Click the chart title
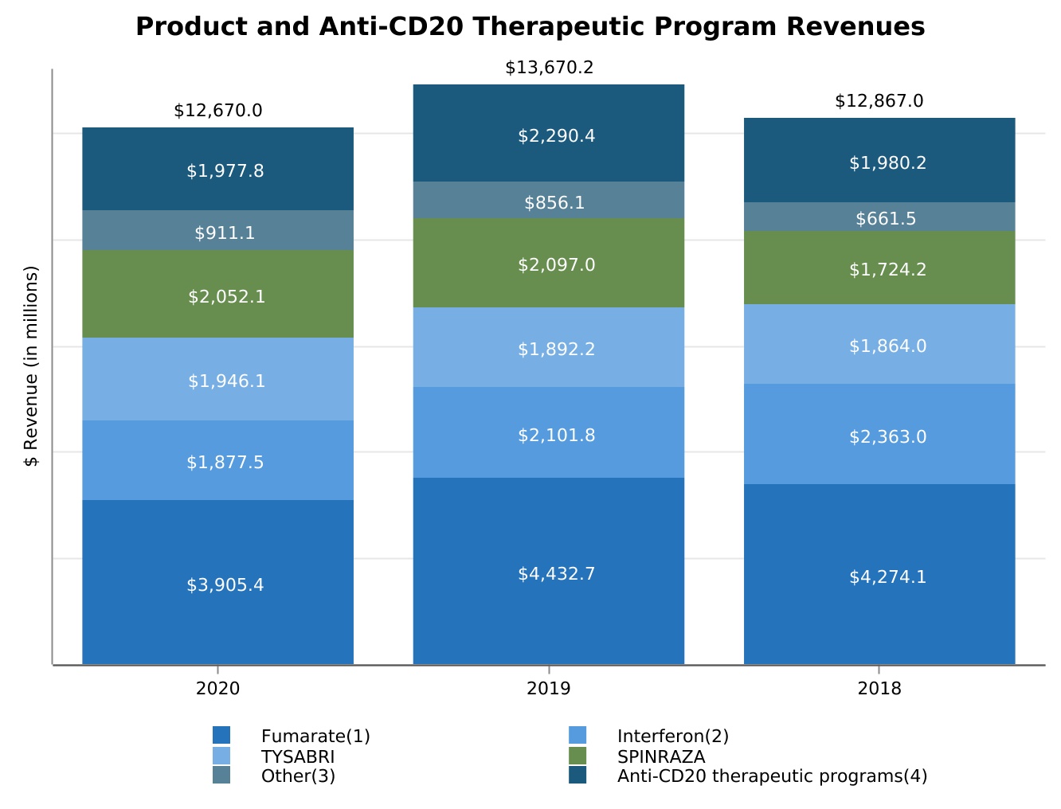pos(530,27)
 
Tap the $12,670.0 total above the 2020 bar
pos(218,111)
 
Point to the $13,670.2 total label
pos(549,68)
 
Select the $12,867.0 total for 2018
pos(879,101)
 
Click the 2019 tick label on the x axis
pos(549,689)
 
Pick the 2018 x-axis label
pos(879,689)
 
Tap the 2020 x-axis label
pos(218,689)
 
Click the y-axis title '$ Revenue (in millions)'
pos(31,366)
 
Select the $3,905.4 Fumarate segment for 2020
pos(218,582)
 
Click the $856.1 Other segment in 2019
pos(549,200)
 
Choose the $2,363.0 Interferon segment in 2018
pos(879,434)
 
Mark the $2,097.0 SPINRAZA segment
pos(549,263)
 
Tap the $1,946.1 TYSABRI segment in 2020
pos(218,379)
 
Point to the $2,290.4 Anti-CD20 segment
pos(549,133)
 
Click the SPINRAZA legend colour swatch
pos(577,756)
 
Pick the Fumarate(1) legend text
pos(315,736)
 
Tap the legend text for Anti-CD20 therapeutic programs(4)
pos(772,776)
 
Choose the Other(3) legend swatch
pos(221,776)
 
